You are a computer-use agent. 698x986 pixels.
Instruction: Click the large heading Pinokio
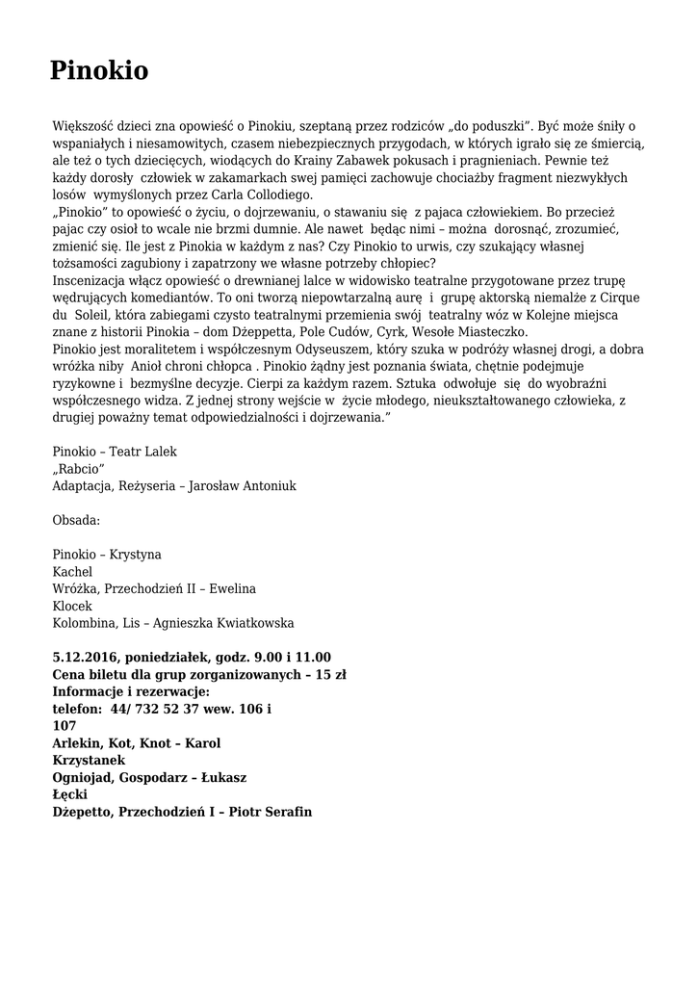pos(99,71)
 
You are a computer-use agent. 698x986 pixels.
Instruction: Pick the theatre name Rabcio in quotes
pos(79,468)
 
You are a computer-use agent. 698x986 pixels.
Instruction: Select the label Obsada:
pos(77,520)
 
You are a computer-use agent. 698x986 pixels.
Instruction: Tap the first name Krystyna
pos(136,555)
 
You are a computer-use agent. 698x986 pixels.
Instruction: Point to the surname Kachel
pos(72,572)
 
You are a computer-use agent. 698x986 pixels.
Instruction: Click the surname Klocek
pos(72,606)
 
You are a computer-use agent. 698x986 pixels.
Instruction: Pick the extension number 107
pos(65,726)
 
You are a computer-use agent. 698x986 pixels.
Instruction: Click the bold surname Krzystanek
pos(89,760)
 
